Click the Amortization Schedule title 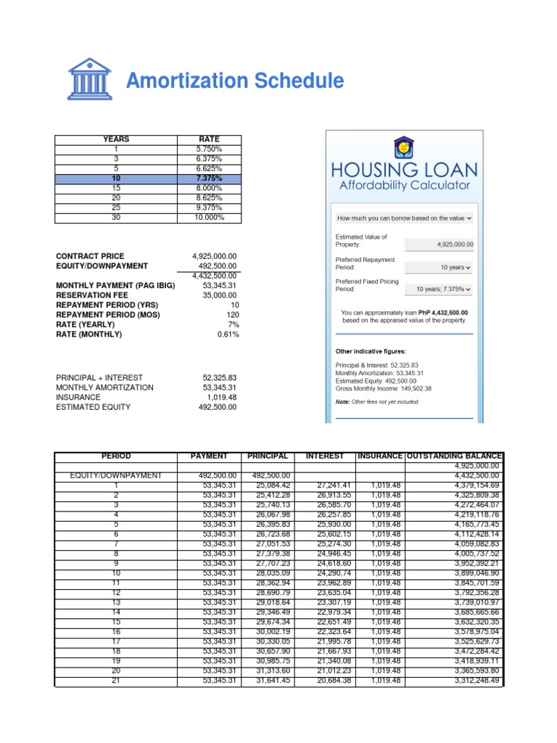tap(235, 81)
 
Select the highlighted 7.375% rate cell tap(209, 178)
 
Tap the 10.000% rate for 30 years tap(209, 217)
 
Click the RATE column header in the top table tap(209, 139)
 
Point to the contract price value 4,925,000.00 tap(215, 256)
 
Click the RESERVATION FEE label tap(91, 295)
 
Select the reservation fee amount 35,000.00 tap(219, 295)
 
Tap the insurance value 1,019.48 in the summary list tap(221, 397)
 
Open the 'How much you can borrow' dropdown tap(403, 217)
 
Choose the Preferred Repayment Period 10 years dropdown tap(442, 267)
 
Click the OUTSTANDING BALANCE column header tap(452, 456)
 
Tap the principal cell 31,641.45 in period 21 tap(268, 680)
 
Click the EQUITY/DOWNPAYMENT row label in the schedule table tap(115, 475)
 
